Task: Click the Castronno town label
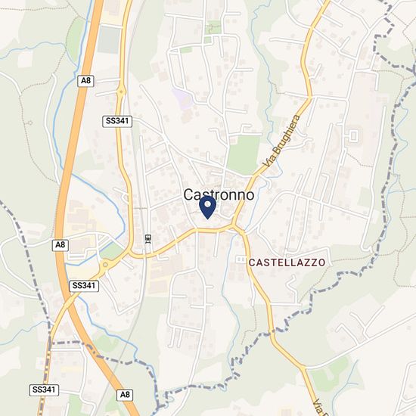(x=219, y=194)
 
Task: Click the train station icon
(x=147, y=239)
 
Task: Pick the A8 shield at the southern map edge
(x=126, y=394)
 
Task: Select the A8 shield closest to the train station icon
(x=61, y=244)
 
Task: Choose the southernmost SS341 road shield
(x=43, y=389)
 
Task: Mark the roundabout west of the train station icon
(x=106, y=265)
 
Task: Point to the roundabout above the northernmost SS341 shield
(x=120, y=92)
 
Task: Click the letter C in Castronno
(x=190, y=194)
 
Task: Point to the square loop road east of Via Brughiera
(x=352, y=137)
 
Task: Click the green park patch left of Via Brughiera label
(x=243, y=154)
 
